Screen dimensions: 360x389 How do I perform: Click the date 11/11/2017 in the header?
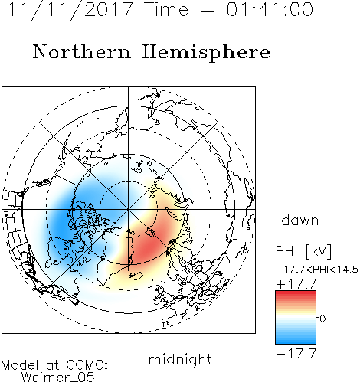(70, 10)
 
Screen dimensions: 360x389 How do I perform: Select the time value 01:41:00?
(270, 9)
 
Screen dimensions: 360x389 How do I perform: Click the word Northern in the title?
(82, 51)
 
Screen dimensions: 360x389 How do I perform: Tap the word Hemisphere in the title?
(206, 53)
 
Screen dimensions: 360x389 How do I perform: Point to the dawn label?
(300, 220)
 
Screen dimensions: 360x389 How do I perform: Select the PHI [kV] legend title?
(303, 251)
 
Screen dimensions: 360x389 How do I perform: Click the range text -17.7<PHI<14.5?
(317, 270)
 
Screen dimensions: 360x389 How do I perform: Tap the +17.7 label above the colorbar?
(296, 284)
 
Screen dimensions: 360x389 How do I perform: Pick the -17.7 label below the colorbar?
(296, 354)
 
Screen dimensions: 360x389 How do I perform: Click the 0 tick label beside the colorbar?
(322, 319)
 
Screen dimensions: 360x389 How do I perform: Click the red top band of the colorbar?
(296, 293)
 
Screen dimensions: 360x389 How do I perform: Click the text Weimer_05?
(58, 378)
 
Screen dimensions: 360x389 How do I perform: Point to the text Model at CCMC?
(54, 365)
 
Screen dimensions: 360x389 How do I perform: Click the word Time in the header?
(166, 9)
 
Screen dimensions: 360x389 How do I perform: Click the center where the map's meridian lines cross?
(129, 209)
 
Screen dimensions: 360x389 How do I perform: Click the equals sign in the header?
(208, 10)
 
